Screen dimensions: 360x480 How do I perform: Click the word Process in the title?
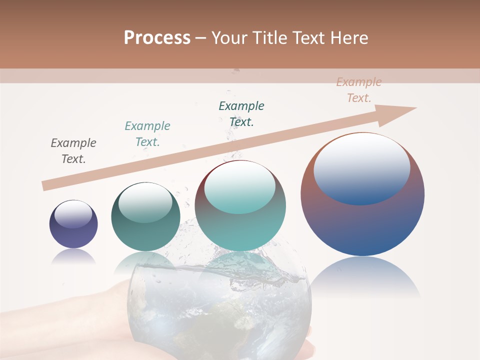(x=157, y=38)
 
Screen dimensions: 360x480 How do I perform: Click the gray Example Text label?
(x=73, y=151)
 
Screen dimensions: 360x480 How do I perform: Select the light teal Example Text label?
(x=147, y=134)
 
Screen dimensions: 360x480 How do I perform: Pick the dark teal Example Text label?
(x=241, y=114)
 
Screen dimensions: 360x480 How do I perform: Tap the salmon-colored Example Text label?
(x=359, y=90)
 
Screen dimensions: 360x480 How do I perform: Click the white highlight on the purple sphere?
(x=73, y=214)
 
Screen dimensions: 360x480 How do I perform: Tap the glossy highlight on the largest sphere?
(x=362, y=168)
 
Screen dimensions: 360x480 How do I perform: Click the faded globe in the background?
(x=220, y=310)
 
